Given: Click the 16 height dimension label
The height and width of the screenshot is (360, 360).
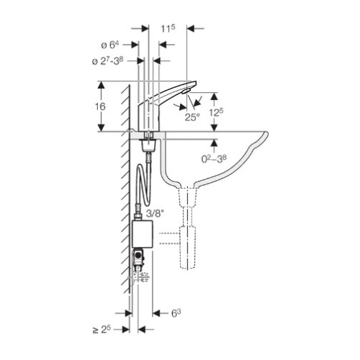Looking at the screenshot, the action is (x=100, y=107).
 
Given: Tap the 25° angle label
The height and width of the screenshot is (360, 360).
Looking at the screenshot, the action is (x=192, y=117).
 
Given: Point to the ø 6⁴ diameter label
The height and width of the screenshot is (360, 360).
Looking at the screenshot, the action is (x=110, y=45).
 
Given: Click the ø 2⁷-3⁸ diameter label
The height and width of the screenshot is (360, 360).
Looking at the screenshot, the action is (x=107, y=61).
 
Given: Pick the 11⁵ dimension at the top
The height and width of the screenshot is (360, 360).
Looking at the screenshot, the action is (x=168, y=29).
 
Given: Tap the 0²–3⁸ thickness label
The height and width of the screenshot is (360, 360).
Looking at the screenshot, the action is (x=214, y=158).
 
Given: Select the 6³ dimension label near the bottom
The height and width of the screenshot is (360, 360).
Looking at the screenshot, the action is (x=176, y=313).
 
